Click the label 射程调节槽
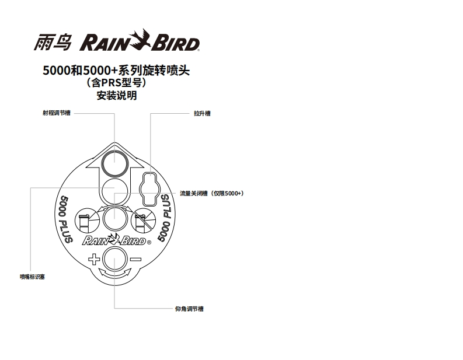pyautogui.click(x=58, y=113)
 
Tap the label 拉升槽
pyautogui.click(x=202, y=113)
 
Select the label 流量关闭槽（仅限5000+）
pyautogui.click(x=211, y=193)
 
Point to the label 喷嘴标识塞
pyautogui.click(x=32, y=277)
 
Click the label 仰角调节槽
pyautogui.click(x=189, y=309)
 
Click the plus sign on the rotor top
pyautogui.click(x=93, y=258)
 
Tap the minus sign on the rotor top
pyautogui.click(x=135, y=258)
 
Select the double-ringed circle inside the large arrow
pyautogui.click(x=114, y=162)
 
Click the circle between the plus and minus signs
pyautogui.click(x=114, y=258)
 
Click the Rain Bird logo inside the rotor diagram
pyautogui.click(x=116, y=240)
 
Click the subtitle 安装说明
pyautogui.click(x=117, y=96)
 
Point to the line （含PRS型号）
pyautogui.click(x=117, y=83)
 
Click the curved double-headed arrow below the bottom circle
pyautogui.click(x=114, y=273)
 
